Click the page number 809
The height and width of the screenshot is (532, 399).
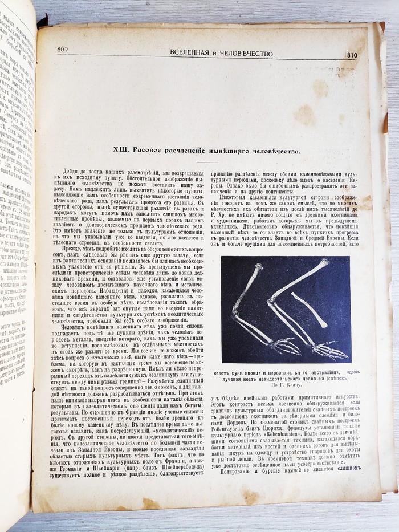(63, 50)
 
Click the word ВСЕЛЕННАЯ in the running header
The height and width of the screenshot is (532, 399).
(196, 53)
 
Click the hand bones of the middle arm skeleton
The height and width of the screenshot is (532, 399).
(333, 350)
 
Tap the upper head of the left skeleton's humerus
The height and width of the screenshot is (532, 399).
(259, 266)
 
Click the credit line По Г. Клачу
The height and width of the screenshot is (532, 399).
(286, 386)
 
